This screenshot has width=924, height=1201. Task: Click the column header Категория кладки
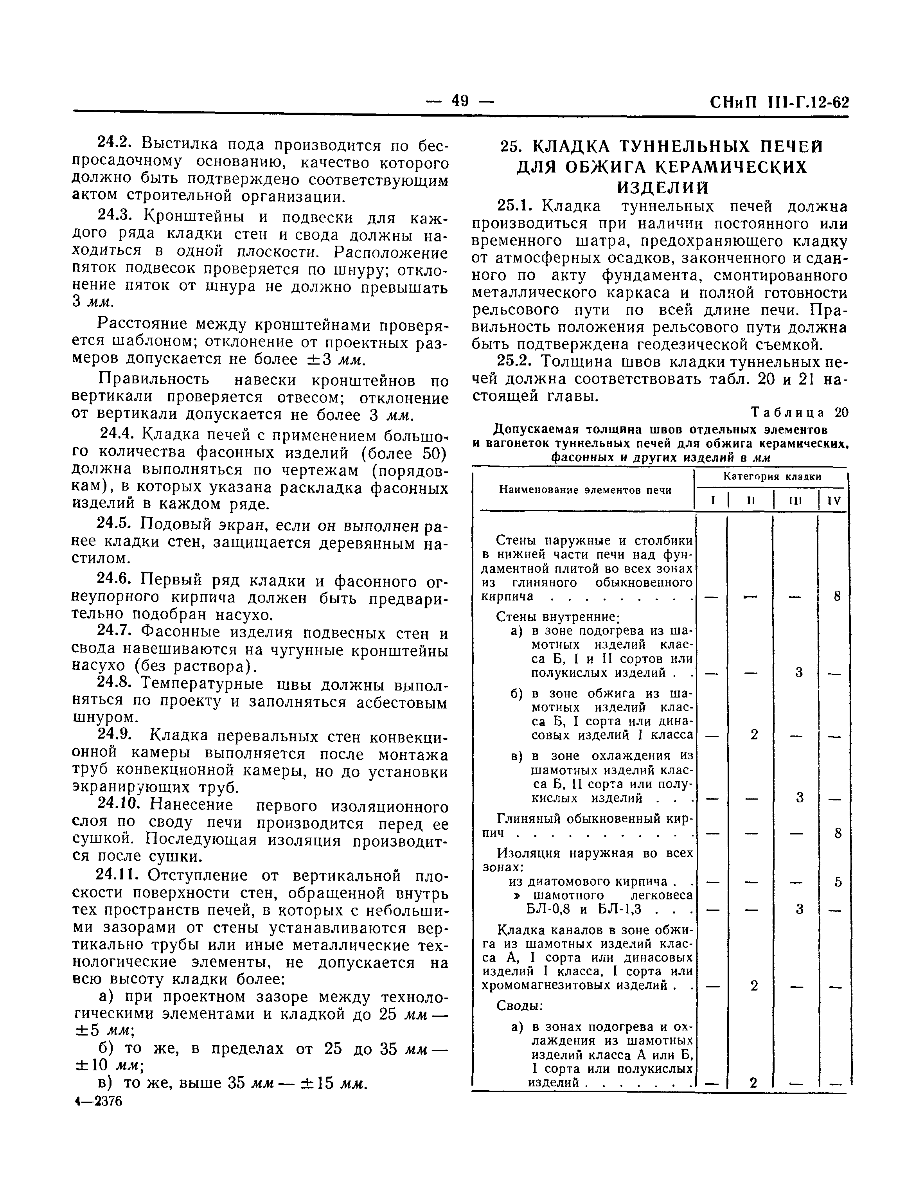772,476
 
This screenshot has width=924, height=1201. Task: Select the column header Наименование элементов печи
585,489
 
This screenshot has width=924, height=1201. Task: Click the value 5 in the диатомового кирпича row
838,881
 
